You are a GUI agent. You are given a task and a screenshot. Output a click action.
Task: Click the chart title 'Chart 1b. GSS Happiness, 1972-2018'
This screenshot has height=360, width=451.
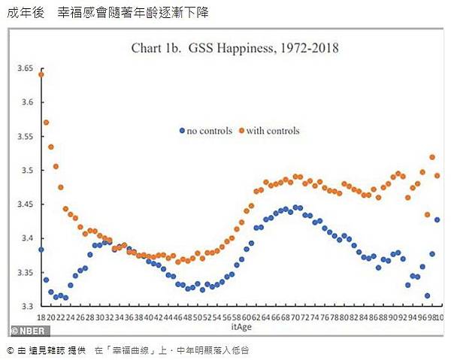pyautogui.click(x=235, y=49)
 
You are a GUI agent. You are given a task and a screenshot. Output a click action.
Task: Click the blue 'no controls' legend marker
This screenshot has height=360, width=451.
pyautogui.click(x=182, y=130)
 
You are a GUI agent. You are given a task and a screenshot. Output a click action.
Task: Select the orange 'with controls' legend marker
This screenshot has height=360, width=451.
pyautogui.click(x=242, y=130)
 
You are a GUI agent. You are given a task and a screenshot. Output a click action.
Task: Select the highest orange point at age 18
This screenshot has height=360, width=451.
pyautogui.click(x=41, y=74)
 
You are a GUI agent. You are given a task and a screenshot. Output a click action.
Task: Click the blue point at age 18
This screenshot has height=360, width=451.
pyautogui.click(x=41, y=250)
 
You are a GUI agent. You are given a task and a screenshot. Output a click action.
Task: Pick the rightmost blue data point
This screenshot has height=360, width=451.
pyautogui.click(x=437, y=219)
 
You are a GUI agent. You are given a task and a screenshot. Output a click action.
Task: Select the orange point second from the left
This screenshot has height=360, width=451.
pyautogui.click(x=46, y=122)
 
